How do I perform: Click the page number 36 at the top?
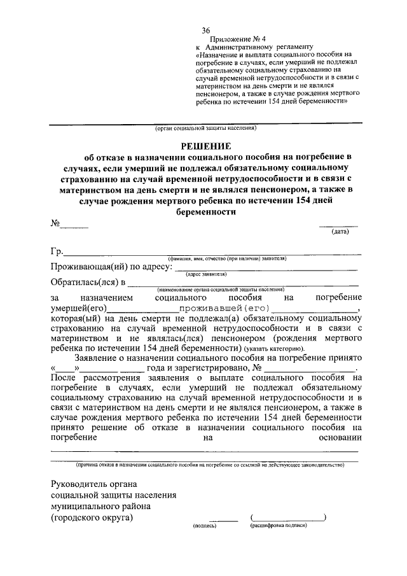pyautogui.click(x=206, y=30)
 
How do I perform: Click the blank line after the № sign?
pyautogui.click(x=74, y=224)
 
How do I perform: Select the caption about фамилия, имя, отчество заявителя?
pyautogui.click(x=227, y=258)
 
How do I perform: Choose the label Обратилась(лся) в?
pyautogui.click(x=88, y=282)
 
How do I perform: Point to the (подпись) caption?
pyautogui.click(x=205, y=526)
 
